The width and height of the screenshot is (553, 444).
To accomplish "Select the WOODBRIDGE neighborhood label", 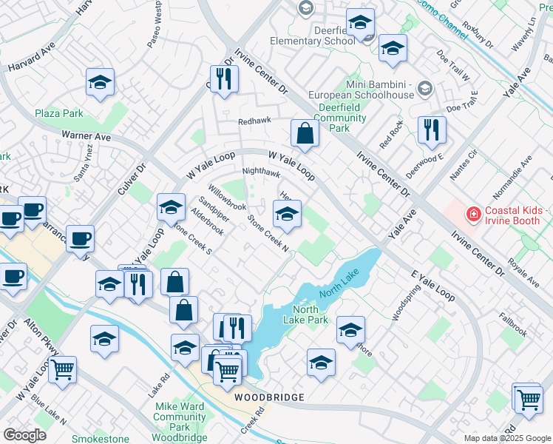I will (x=269, y=398).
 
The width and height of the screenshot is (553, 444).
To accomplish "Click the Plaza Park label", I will (x=58, y=113).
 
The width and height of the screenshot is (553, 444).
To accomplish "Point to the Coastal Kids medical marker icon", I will (x=472, y=215).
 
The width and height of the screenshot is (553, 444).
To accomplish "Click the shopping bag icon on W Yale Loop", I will (x=304, y=134).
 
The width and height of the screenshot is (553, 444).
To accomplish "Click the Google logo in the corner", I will (x=24, y=434).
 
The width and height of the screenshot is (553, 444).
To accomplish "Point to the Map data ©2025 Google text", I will (x=506, y=438).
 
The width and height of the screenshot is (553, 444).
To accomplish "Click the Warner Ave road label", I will (x=86, y=136).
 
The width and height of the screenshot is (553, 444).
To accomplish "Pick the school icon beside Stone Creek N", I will (x=287, y=215).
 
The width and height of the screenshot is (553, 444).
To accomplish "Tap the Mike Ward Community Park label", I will (x=180, y=417).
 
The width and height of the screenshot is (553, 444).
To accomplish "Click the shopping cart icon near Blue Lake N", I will (x=62, y=368).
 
